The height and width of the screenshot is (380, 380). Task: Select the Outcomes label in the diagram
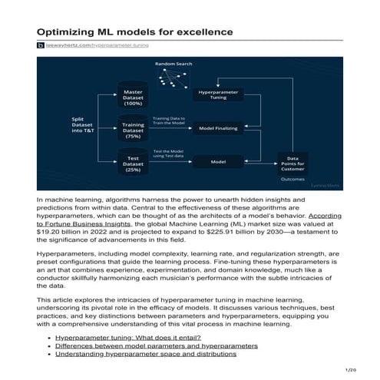[x=292, y=180]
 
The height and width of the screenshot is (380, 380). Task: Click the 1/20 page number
[x=352, y=369]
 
